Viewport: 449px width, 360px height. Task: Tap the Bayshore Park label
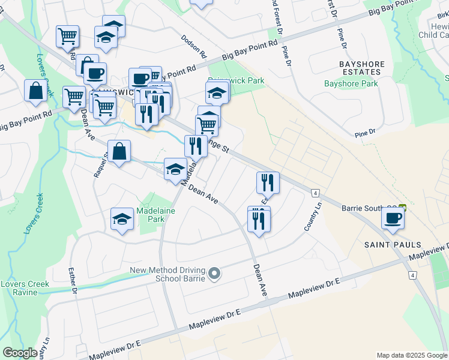351,83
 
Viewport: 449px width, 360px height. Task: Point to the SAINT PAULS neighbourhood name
393,245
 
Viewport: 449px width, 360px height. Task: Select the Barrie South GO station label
361,208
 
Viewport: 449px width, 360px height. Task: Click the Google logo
20,353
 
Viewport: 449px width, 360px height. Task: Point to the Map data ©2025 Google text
412,355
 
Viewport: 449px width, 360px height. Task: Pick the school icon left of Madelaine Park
122,219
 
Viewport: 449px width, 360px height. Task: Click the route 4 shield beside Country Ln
315,193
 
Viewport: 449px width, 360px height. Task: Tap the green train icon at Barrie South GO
402,208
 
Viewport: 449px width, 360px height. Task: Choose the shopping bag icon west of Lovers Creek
35,91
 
